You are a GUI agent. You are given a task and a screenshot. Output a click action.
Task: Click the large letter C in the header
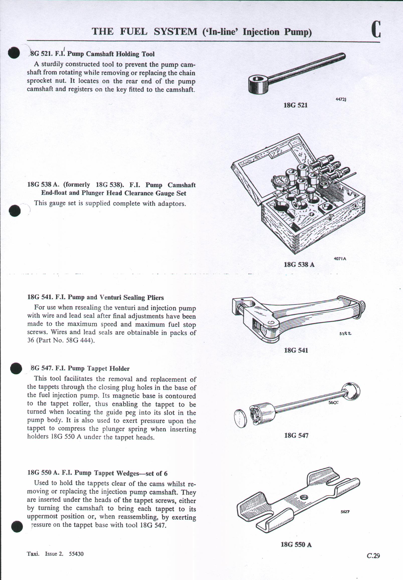376,29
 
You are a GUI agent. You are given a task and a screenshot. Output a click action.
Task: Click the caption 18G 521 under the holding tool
295,105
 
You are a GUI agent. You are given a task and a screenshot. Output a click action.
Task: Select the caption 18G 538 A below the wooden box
299,264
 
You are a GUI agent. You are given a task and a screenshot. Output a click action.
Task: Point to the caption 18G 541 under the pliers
296,350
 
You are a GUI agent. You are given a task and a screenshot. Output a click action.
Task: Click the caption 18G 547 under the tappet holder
296,435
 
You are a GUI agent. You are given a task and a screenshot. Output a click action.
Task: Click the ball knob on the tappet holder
351,392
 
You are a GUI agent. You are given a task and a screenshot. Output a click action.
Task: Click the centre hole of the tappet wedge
304,497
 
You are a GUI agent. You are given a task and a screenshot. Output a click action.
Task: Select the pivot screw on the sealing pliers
271,323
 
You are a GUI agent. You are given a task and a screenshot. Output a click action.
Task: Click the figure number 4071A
340,259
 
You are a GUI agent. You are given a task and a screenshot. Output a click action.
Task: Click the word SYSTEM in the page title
176,32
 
